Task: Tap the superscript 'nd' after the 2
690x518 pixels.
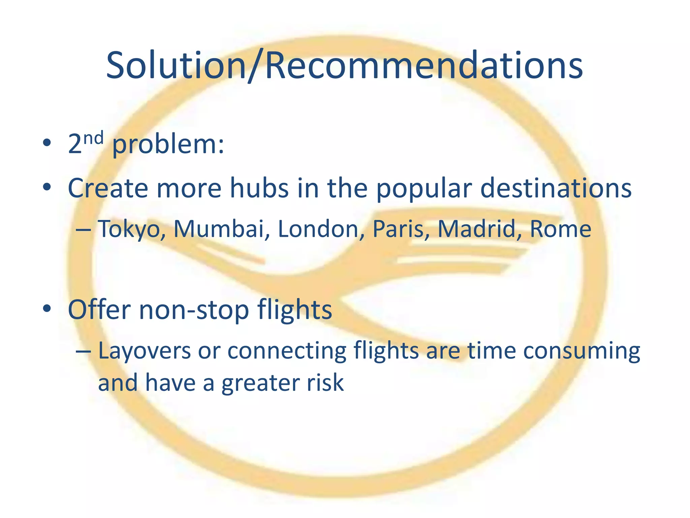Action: (x=93, y=138)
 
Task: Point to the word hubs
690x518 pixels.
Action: (x=259, y=188)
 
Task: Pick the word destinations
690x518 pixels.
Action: (x=556, y=188)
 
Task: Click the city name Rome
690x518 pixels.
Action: (x=560, y=229)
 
